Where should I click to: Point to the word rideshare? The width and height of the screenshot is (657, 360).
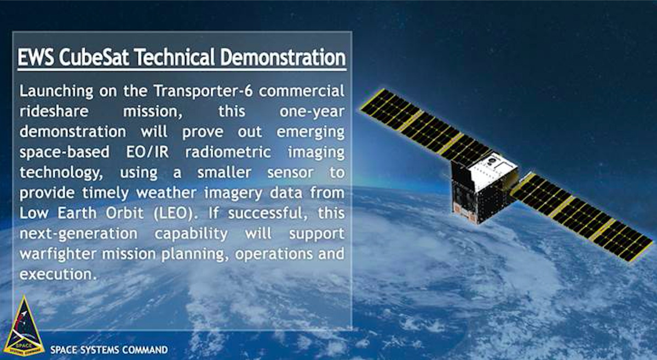click(x=51, y=111)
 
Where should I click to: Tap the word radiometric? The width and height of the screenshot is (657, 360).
click(x=228, y=152)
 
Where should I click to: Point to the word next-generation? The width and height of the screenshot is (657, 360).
click(x=78, y=234)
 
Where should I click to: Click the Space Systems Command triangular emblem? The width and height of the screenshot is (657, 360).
click(x=24, y=326)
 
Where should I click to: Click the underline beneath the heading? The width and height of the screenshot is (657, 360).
click(x=182, y=69)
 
